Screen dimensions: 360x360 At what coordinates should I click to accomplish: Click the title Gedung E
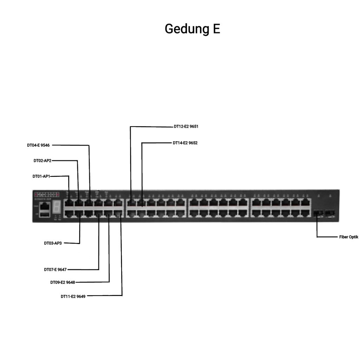pyautogui.click(x=192, y=29)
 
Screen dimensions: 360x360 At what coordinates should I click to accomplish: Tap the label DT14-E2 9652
pyautogui.click(x=185, y=143)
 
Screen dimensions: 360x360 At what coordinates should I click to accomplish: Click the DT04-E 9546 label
pyautogui.click(x=38, y=145)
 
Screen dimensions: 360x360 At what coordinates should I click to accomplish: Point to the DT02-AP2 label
pyautogui.click(x=43, y=161)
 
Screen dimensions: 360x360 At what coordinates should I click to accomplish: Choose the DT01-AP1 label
pyautogui.click(x=41, y=176)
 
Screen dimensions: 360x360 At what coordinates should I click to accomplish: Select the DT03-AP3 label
pyautogui.click(x=53, y=243)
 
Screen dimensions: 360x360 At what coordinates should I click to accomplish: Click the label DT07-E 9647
pyautogui.click(x=55, y=270)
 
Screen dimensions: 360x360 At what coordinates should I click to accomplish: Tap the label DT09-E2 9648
pyautogui.click(x=62, y=282)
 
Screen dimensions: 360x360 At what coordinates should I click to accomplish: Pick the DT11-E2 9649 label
pyautogui.click(x=73, y=296)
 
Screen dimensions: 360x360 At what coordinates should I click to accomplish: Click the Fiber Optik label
pyautogui.click(x=348, y=237)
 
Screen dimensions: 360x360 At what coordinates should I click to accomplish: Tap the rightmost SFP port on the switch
pyautogui.click(x=330, y=213)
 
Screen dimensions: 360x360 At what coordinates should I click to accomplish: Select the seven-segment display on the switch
pyautogui.click(x=56, y=208)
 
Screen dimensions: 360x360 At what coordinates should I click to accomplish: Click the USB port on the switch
pyautogui.click(x=45, y=214)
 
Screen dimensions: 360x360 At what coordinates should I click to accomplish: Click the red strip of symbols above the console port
pyautogui.click(x=46, y=194)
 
